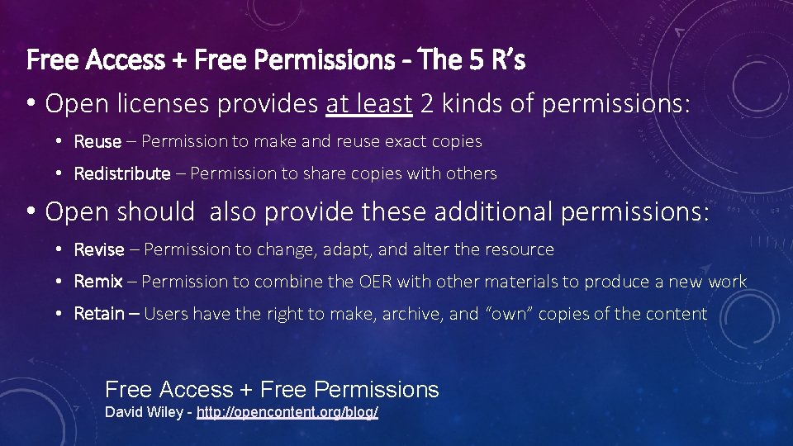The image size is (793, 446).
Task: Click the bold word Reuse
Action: [97, 141]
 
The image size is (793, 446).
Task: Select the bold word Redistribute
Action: [122, 173]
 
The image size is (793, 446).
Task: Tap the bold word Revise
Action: [99, 249]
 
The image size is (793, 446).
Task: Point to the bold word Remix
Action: [98, 282]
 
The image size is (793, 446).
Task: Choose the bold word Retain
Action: [100, 314]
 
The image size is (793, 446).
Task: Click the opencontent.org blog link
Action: [287, 412]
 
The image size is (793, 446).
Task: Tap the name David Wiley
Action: [145, 412]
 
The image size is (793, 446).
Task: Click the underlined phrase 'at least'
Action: [368, 103]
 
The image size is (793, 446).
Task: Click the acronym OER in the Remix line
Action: [376, 282]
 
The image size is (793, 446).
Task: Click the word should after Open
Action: [156, 212]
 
